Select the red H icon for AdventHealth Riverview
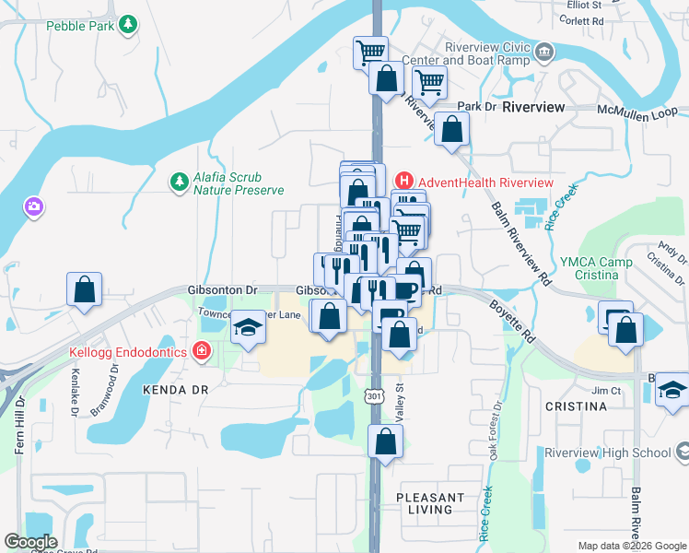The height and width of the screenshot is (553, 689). point(403,182)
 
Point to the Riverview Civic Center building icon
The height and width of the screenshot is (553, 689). point(544,50)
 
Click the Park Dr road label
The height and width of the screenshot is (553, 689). point(476,107)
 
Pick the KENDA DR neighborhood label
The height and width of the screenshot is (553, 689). point(171,391)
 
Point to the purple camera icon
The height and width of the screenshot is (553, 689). point(34,206)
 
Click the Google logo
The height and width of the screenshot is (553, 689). point(30,542)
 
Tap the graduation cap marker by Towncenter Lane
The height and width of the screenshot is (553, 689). point(248,326)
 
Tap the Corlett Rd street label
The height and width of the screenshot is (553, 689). point(585,19)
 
